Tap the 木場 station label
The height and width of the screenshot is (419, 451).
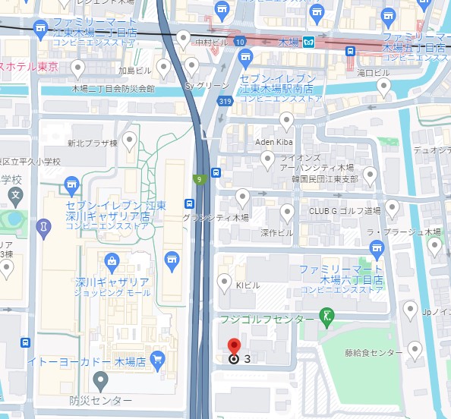coord(290,42)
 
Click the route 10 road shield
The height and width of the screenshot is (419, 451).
coord(240,42)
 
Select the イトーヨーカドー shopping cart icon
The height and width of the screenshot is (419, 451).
coord(157,358)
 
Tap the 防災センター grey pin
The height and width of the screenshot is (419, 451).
coord(100,380)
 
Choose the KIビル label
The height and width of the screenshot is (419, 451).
coord(249,284)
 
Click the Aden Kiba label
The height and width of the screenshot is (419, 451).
coord(274,143)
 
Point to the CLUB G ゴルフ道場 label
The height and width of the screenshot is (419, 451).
coord(344,210)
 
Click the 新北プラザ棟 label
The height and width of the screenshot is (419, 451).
coord(93,142)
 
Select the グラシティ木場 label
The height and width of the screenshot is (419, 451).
coord(216,217)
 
